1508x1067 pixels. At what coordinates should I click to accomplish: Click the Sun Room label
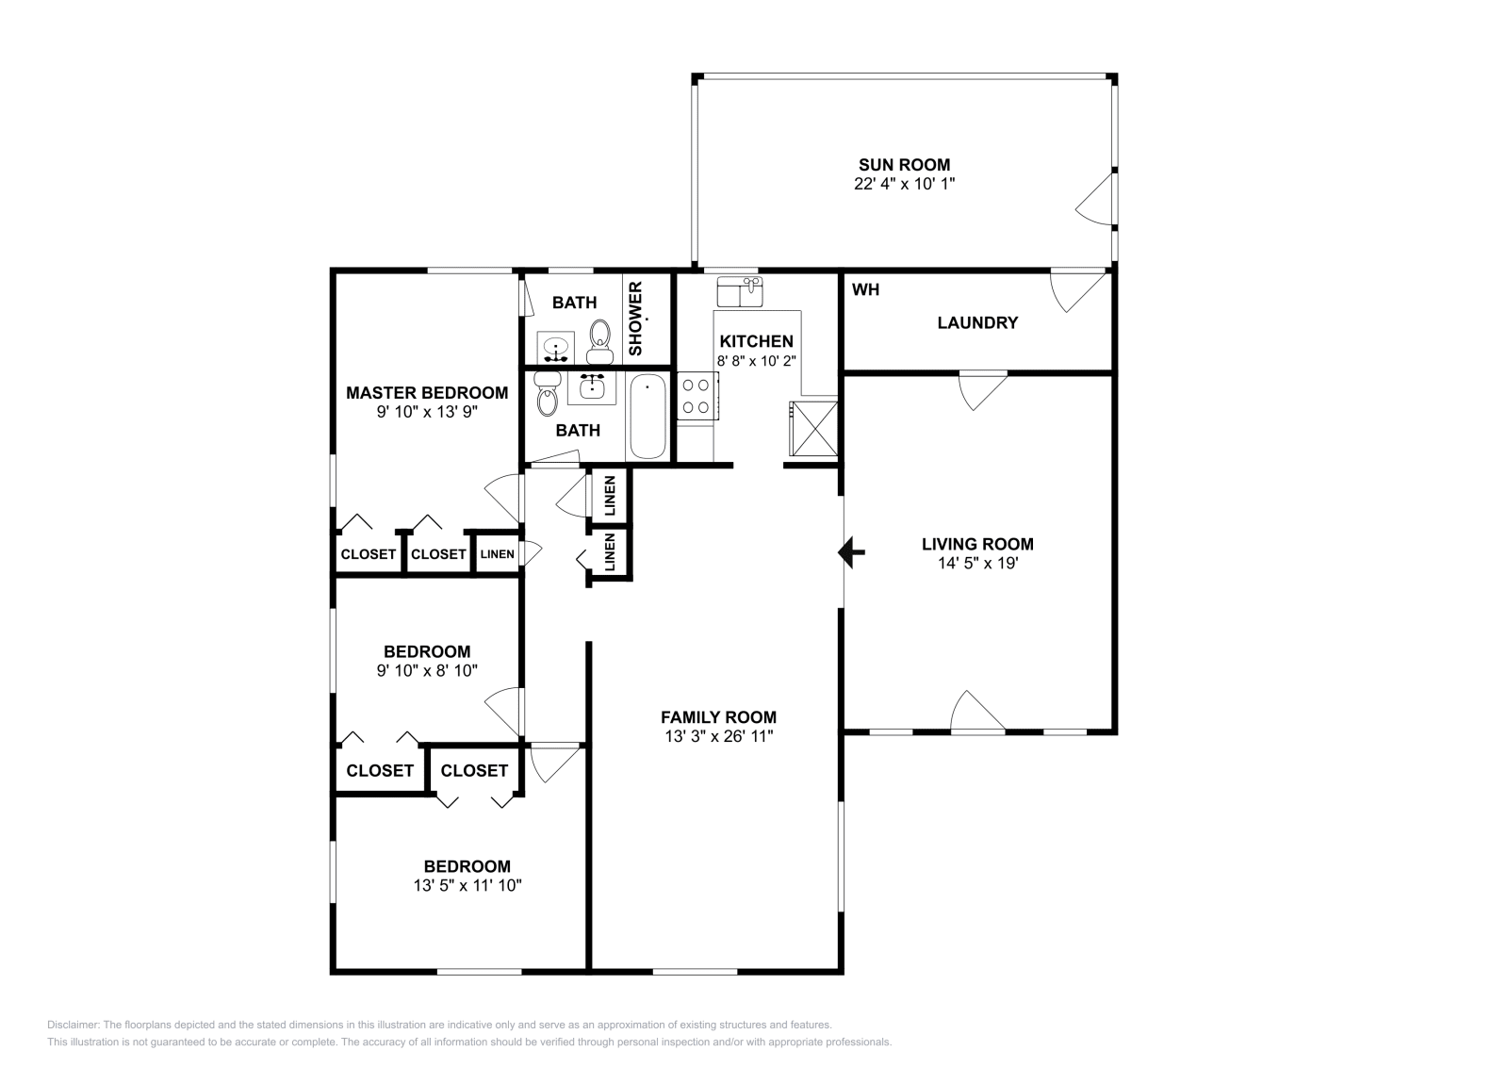pyautogui.click(x=903, y=165)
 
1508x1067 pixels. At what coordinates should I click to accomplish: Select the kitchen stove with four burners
pyautogui.click(x=697, y=396)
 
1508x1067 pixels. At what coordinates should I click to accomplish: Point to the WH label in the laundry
pyautogui.click(x=865, y=290)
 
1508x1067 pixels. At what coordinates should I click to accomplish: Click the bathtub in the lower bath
pyautogui.click(x=647, y=416)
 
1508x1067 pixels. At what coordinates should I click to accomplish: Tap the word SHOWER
pyautogui.click(x=635, y=319)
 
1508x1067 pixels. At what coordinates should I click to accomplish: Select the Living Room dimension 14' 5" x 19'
pyautogui.click(x=976, y=563)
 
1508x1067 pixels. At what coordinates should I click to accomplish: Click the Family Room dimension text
pyautogui.click(x=718, y=736)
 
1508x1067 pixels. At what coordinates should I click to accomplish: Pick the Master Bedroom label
pyautogui.click(x=426, y=393)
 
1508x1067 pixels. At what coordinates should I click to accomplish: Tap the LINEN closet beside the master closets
pyautogui.click(x=497, y=554)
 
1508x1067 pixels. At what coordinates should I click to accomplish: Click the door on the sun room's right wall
pyautogui.click(x=1096, y=201)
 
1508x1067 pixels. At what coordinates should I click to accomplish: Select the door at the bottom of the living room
pyautogui.click(x=976, y=713)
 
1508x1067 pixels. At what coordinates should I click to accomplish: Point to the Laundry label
pyautogui.click(x=977, y=322)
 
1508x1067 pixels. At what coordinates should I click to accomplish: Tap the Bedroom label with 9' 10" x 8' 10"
pyautogui.click(x=426, y=651)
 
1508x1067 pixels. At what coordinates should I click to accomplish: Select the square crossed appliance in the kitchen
pyautogui.click(x=812, y=428)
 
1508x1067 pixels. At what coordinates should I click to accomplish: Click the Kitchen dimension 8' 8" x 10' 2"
pyautogui.click(x=756, y=360)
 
